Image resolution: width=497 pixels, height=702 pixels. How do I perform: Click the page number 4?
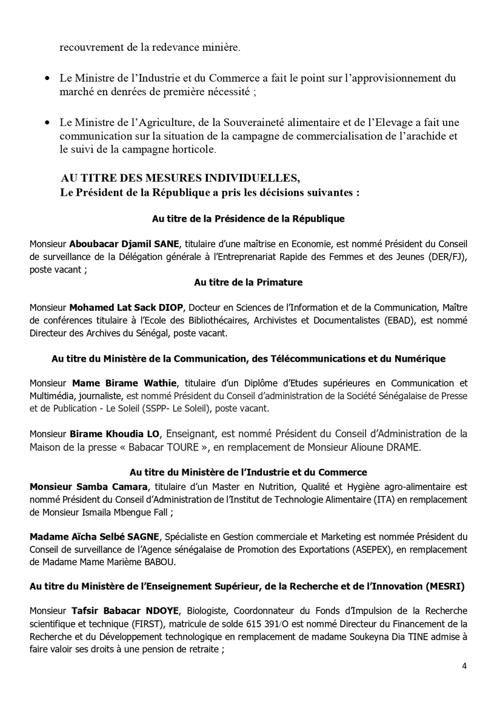click(464, 666)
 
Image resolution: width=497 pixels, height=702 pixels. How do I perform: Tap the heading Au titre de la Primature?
click(248, 282)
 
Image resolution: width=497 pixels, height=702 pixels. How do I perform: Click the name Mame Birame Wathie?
click(124, 383)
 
